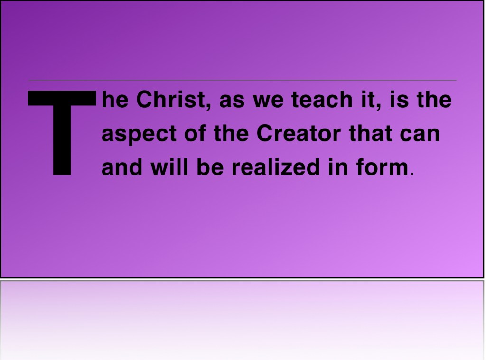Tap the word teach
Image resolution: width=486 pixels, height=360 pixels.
tap(322, 99)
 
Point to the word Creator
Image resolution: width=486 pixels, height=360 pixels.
tap(299, 133)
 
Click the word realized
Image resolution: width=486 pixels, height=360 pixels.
tap(276, 167)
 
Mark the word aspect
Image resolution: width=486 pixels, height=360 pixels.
tap(139, 134)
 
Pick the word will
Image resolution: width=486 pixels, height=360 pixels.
tap(169, 167)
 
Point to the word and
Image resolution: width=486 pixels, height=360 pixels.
tap(121, 167)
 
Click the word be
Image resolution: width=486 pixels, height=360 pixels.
tap(210, 167)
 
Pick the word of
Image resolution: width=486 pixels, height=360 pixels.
tap(195, 133)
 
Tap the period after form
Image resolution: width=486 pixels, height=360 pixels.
tap(412, 174)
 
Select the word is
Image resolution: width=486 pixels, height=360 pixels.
tap(399, 99)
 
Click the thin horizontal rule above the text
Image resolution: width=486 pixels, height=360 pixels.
tap(243, 80)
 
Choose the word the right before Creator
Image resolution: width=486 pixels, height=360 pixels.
tap(231, 133)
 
